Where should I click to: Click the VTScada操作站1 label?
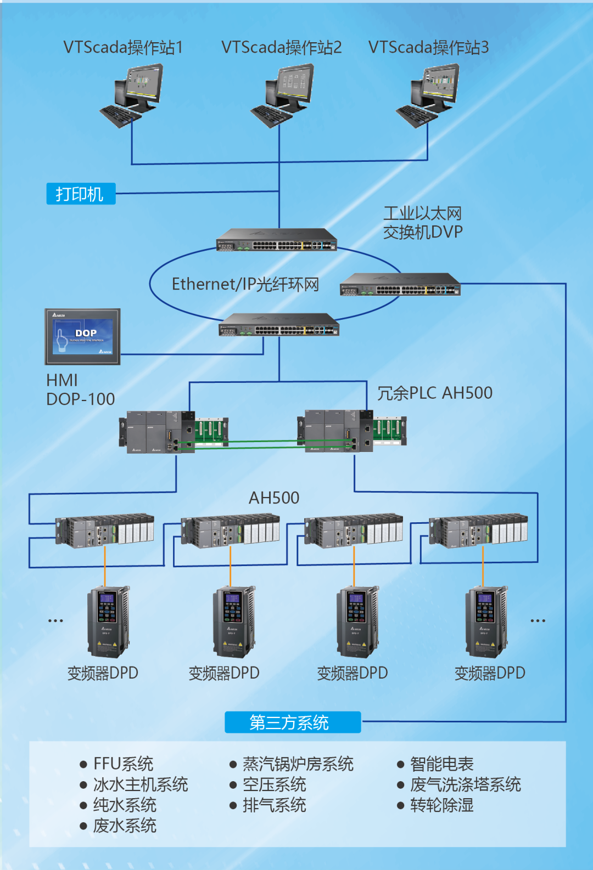[122, 48]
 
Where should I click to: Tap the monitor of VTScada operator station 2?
[295, 83]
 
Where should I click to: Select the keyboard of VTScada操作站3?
[417, 116]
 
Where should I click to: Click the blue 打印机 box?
[81, 194]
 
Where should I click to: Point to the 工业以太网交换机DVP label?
[422, 223]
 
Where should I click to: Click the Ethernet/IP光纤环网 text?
[245, 284]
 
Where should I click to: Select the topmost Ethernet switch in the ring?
[276, 240]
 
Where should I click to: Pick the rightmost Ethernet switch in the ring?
[400, 284]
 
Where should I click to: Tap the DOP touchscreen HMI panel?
[82, 336]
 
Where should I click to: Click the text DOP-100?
[81, 399]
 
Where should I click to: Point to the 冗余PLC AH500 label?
[434, 393]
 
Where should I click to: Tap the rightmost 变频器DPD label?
[489, 673]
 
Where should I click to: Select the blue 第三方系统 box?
[293, 722]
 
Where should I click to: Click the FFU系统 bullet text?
[123, 764]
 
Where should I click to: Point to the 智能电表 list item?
[441, 764]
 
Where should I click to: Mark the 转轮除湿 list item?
[441, 805]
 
